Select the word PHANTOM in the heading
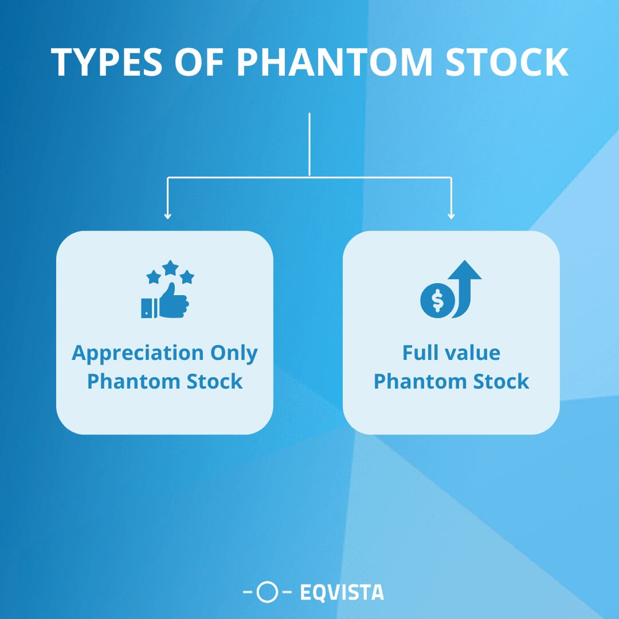coord(335,62)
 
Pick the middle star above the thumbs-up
coord(170,267)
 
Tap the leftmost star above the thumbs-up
coord(153,277)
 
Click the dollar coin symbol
coord(437,300)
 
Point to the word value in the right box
coord(473,353)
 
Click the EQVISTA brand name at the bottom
coord(342,593)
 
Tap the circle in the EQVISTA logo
coord(267,593)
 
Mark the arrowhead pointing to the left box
coord(167,215)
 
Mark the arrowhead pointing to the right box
coord(451,215)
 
